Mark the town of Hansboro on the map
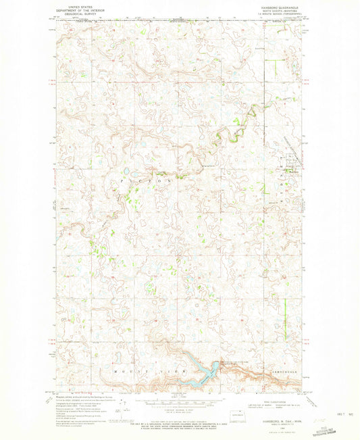click(290, 169)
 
